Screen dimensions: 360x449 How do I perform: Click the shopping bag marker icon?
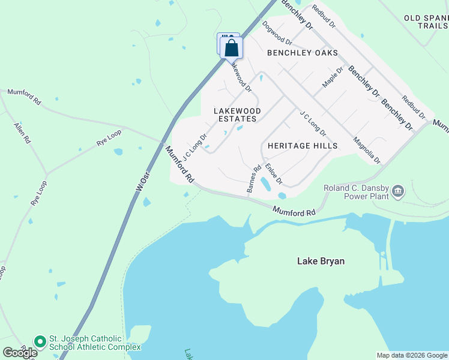(x=232, y=48)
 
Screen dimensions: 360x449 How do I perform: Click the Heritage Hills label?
(x=303, y=146)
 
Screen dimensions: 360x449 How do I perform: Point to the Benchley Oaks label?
(x=303, y=53)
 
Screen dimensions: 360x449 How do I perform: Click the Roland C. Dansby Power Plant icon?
(x=398, y=191)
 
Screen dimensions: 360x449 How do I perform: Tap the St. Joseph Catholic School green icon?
(x=40, y=342)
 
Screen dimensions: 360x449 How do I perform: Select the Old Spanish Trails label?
(x=426, y=22)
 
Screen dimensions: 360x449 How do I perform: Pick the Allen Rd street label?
(x=22, y=134)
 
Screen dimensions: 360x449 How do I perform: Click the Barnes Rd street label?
(x=254, y=179)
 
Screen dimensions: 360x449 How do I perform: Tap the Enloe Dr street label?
(x=274, y=174)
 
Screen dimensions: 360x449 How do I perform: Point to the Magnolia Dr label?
(x=366, y=149)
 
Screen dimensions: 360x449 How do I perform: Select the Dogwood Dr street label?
(x=277, y=34)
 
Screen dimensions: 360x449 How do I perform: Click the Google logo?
(x=20, y=353)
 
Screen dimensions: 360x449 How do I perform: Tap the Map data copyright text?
(x=412, y=355)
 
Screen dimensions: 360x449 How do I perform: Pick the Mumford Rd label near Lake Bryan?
(x=294, y=212)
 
